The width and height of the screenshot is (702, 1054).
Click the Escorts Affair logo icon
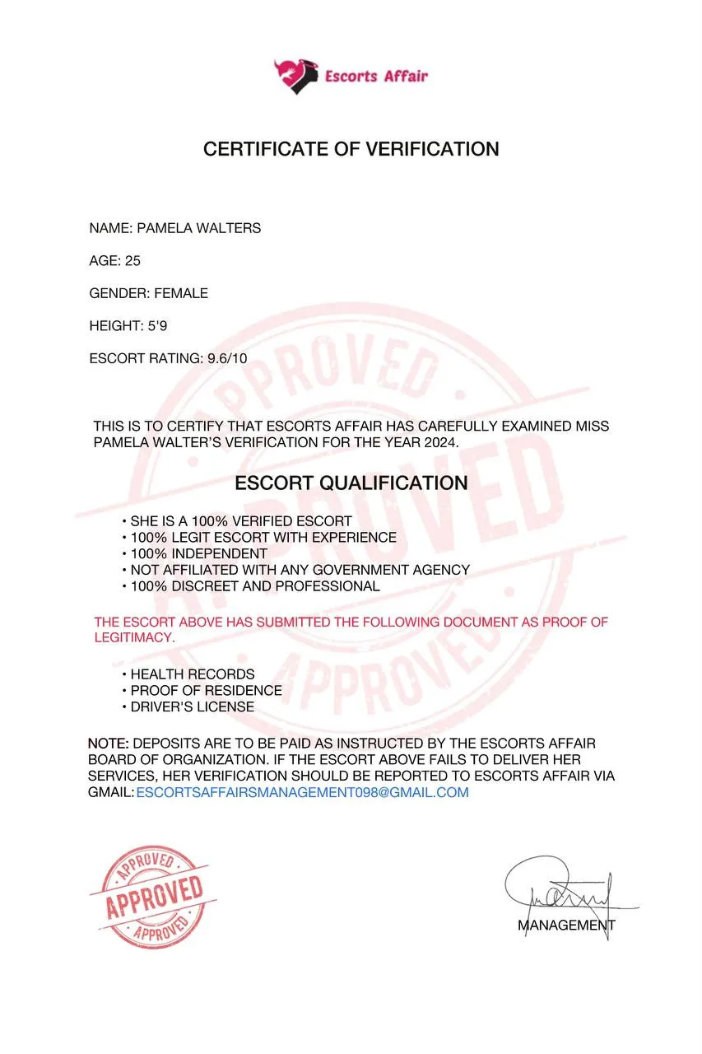click(x=295, y=76)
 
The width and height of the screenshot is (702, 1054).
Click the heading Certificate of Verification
click(x=351, y=149)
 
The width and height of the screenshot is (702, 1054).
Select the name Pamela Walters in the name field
click(x=198, y=228)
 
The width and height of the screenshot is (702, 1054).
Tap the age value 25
click(x=132, y=261)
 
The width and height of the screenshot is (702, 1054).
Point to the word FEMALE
click(x=181, y=293)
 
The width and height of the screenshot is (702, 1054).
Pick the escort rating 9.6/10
click(x=227, y=358)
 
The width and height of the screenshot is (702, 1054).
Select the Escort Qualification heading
click(x=351, y=483)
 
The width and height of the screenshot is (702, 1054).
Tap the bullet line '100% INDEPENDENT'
click(x=198, y=554)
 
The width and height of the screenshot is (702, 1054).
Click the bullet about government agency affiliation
click(x=300, y=570)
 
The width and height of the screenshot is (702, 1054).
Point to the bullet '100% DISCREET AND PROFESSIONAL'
click(x=255, y=586)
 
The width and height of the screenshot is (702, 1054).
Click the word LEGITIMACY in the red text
click(x=133, y=637)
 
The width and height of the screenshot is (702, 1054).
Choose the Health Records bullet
click(x=193, y=674)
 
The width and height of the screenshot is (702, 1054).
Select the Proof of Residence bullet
click(x=206, y=690)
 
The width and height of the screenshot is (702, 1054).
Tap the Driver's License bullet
click(x=193, y=707)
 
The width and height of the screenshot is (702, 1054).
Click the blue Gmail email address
click(x=302, y=793)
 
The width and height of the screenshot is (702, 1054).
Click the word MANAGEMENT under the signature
click(x=566, y=925)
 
